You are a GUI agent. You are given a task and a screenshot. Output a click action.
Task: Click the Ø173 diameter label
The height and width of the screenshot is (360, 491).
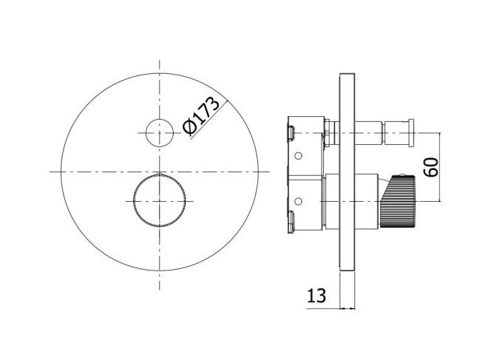coord(201,116)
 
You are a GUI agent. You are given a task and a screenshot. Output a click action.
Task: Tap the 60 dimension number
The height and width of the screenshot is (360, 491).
coord(431,168)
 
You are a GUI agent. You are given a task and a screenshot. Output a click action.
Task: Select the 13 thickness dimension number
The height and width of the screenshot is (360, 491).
coord(316,296)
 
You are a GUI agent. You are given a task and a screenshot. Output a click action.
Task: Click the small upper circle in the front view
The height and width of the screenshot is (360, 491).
coord(160,133)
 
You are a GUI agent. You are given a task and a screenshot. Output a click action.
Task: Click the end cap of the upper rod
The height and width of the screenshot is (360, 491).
coord(411,133)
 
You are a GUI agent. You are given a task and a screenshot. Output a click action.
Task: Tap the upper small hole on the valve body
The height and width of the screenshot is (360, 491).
coord(299,155)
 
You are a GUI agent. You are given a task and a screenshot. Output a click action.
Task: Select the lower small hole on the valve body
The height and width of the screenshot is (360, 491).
coord(299,200)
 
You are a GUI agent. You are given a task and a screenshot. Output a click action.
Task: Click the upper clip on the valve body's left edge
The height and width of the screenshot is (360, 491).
coord(291,132)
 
